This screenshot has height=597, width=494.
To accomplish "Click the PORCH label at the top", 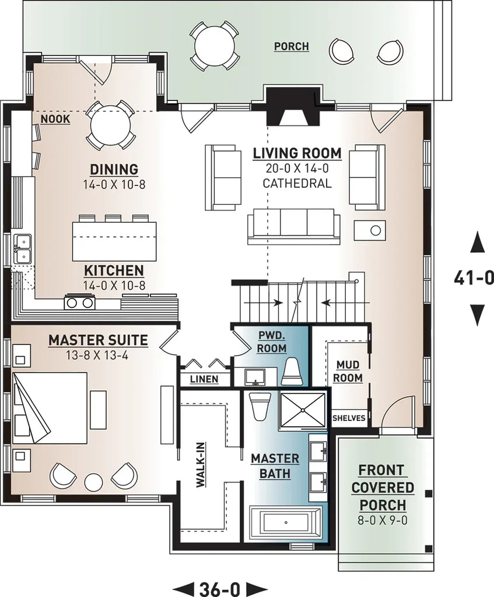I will [x=291, y=46].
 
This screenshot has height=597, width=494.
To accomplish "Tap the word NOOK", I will [x=55, y=119].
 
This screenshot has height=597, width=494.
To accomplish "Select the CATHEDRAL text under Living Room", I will [x=296, y=183].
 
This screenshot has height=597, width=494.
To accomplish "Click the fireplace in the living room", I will [x=294, y=107].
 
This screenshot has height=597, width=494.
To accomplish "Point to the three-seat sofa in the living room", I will [x=294, y=226].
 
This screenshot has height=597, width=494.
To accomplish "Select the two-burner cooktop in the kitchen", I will [x=80, y=302].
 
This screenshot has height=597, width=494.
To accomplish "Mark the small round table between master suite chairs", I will [x=93, y=482].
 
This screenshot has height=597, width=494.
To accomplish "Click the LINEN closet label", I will [x=204, y=379].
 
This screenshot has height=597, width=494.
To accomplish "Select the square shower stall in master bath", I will [x=303, y=410].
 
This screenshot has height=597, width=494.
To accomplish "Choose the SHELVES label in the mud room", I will [x=349, y=418].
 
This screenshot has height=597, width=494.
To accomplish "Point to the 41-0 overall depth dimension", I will [x=473, y=278].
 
